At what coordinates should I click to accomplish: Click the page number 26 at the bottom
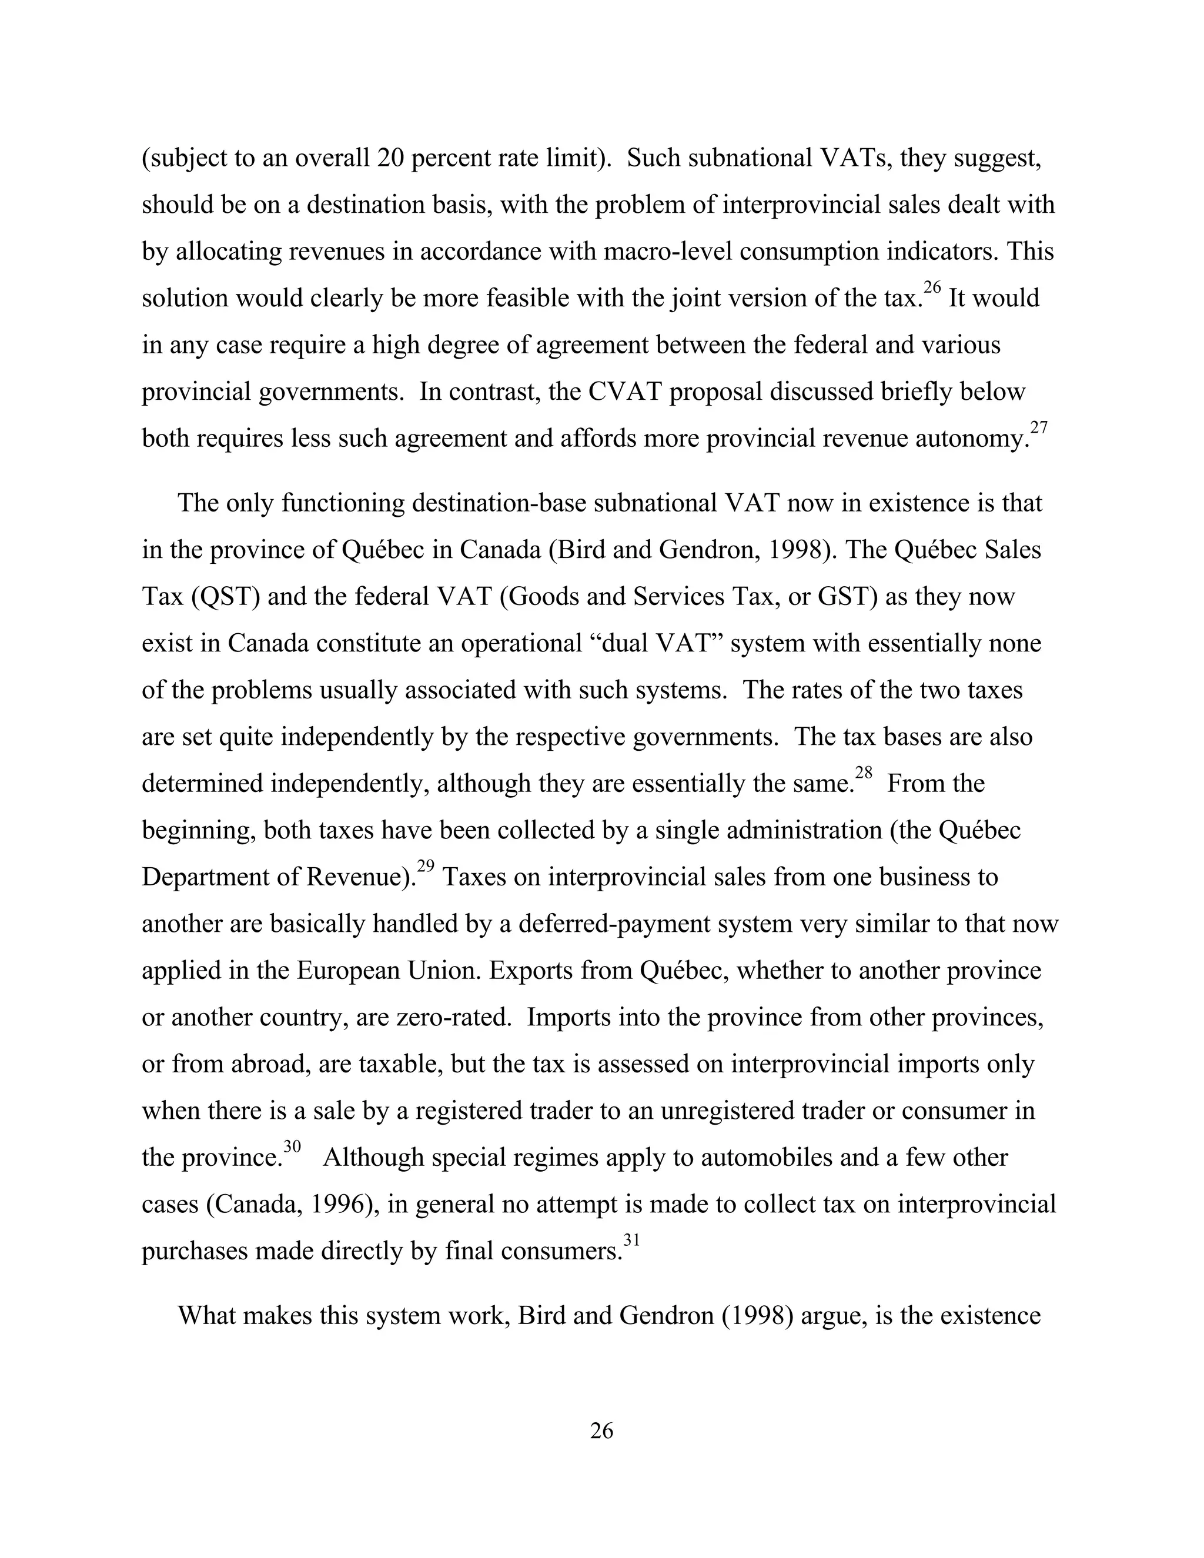[x=601, y=1430]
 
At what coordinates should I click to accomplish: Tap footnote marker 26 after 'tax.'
[x=932, y=287]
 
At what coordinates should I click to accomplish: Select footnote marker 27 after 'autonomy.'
[x=1039, y=428]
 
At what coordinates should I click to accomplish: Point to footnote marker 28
[x=864, y=773]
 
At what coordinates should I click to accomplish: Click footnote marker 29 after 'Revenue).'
[x=426, y=867]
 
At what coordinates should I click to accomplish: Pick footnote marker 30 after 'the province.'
[x=292, y=1147]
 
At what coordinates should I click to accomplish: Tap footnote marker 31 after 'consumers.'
[x=632, y=1241]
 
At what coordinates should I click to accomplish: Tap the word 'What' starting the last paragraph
[x=206, y=1315]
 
